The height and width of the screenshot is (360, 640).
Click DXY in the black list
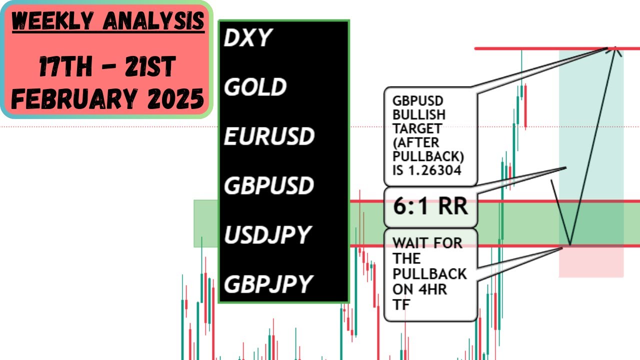pos(247,37)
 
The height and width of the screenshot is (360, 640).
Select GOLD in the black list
pos(255,87)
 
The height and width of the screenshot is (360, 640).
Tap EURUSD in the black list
pos(269,136)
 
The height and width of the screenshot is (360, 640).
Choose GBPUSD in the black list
pos(269,185)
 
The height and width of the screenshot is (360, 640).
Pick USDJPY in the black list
pos(267,234)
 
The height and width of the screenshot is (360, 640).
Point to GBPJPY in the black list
pos(268,284)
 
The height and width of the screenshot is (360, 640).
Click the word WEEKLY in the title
pos(53,21)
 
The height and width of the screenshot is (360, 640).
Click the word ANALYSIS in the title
pos(153,21)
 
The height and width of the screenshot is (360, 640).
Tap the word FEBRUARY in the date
pos(74,98)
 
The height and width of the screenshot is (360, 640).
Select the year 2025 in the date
pos(175,98)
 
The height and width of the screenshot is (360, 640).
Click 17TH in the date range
pos(65,66)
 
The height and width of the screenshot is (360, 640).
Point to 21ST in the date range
pos(150,66)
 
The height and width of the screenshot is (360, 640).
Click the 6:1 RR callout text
pos(430,206)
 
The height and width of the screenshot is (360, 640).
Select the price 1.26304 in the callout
pos(435,170)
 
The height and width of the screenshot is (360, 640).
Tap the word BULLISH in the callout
pos(419,115)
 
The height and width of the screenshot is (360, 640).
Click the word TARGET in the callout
pos(417,128)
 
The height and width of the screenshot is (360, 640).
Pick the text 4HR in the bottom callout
pos(432,289)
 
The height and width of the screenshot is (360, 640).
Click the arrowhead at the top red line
pos(615,51)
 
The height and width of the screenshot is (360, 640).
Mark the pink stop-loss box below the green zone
pos(591,262)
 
